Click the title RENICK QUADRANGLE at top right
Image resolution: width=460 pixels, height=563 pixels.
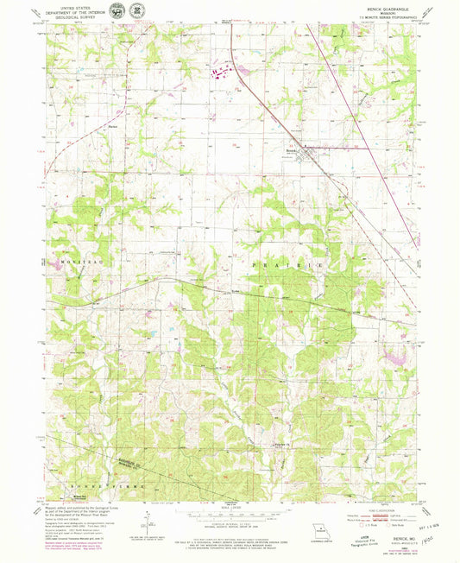tap(382, 9)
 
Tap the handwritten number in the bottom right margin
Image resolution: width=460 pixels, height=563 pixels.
tap(429, 535)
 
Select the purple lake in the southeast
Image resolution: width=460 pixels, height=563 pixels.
tap(400, 355)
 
